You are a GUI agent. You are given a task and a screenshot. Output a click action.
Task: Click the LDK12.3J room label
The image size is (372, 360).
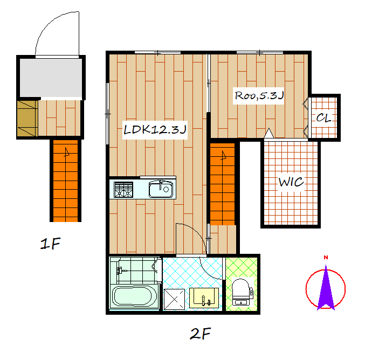(155, 129)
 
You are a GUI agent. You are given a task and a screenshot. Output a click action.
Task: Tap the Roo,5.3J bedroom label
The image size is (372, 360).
(259, 95)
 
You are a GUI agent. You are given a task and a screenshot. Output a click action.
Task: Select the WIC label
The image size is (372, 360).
(291, 182)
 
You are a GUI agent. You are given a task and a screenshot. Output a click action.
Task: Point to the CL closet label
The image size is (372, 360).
(323, 117)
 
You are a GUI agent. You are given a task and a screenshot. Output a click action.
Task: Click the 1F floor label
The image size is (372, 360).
(50, 244)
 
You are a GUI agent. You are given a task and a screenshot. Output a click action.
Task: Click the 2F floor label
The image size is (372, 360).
(200, 334)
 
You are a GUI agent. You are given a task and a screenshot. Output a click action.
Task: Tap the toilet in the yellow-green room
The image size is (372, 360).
(242, 292)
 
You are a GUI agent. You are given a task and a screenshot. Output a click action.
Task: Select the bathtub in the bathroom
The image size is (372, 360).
(134, 297)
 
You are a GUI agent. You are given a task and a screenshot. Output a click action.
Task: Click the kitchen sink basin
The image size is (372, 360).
(161, 189)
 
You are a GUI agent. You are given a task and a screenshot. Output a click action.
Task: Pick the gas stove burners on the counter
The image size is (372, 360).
(123, 190)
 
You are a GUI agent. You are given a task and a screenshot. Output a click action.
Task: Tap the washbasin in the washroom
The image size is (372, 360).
(204, 298)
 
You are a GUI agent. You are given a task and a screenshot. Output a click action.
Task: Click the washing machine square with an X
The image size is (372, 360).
(174, 299)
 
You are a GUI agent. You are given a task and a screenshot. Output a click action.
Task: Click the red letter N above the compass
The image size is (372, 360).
(326, 257)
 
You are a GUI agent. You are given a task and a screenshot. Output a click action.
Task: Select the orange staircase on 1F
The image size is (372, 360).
(65, 181)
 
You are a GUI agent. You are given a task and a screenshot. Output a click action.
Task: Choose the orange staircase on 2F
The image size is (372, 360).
(222, 184)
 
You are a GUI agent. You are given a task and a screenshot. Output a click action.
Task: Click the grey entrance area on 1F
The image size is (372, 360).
(51, 78)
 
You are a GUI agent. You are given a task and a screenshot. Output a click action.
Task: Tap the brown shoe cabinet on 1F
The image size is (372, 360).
(27, 119)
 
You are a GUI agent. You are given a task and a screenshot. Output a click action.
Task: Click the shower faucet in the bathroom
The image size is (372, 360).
(121, 271)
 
